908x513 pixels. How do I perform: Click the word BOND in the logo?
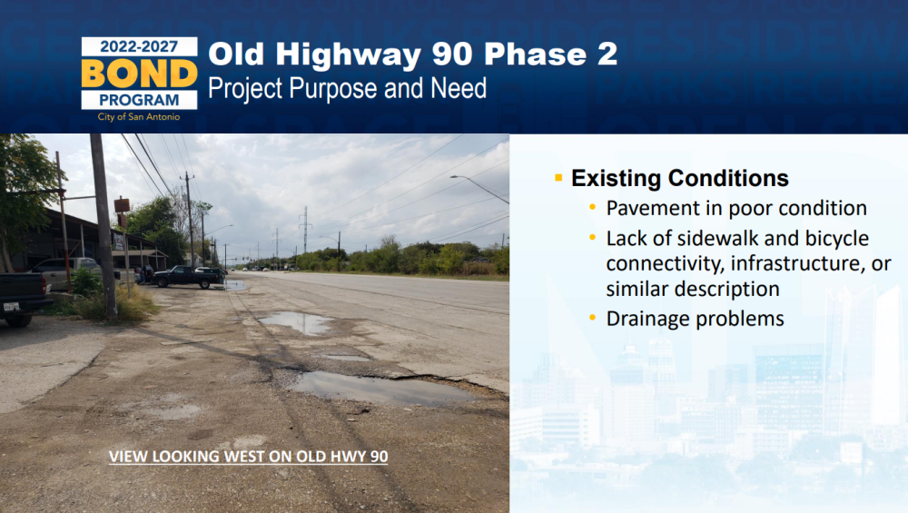point(139,74)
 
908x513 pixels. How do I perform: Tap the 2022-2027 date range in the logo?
point(139,46)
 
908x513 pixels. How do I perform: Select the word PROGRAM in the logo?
point(139,100)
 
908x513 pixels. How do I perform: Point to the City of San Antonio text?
point(139,117)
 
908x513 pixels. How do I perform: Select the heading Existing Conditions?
point(680,178)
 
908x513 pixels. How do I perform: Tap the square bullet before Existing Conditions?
point(558,178)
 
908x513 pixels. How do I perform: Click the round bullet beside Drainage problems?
point(592,317)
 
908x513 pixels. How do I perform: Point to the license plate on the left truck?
point(12,306)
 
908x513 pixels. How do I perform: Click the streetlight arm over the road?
point(479,189)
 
